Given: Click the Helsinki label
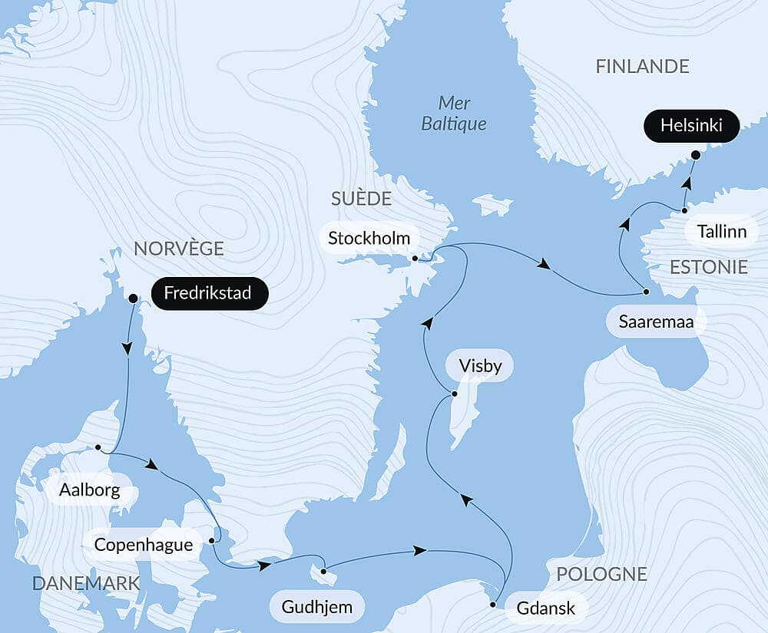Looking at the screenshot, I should (692, 126).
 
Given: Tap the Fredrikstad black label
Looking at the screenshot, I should (210, 293).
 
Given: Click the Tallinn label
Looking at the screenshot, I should (721, 231).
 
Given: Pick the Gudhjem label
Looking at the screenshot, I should (317, 608).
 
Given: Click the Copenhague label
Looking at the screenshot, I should (142, 545).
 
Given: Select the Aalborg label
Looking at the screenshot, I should (91, 490).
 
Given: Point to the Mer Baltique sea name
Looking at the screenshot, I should (454, 113).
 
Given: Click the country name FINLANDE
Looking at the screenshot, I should (642, 67).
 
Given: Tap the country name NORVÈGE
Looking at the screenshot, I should (178, 248).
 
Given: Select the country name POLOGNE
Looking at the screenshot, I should (601, 574).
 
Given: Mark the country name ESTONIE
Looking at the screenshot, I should (708, 267).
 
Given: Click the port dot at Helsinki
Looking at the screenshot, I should (695, 155).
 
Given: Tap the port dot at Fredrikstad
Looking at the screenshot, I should (132, 298).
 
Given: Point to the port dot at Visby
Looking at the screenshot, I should (454, 394).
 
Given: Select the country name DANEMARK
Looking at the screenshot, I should (86, 583).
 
